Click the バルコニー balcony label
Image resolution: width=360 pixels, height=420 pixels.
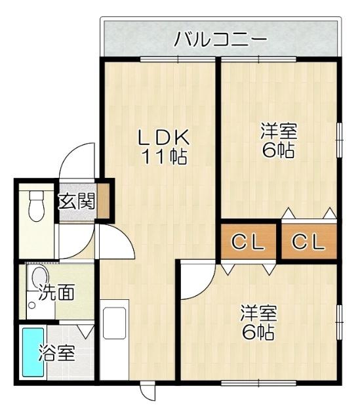[220, 40]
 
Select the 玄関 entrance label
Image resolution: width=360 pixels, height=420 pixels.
[77, 201]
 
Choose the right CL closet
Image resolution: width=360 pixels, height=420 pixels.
[308, 242]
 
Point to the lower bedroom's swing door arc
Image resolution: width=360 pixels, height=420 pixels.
[197, 279]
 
